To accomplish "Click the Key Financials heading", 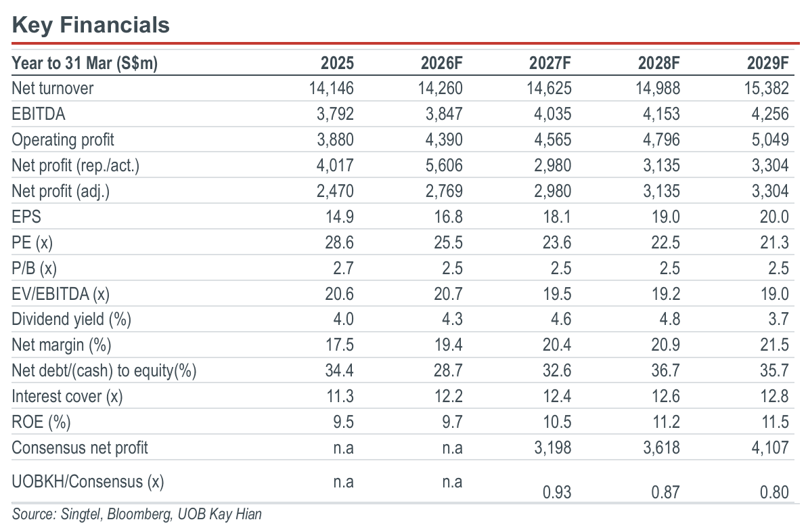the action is [x=91, y=25].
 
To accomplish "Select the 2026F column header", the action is [x=442, y=63].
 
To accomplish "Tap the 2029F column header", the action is [x=768, y=63].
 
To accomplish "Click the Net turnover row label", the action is [x=53, y=88].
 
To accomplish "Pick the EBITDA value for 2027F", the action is [x=552, y=114].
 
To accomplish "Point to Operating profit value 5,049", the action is [x=770, y=139].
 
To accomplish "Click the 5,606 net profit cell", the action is [x=444, y=166].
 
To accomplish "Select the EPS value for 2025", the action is [x=339, y=217].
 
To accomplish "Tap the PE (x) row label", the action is [x=32, y=242].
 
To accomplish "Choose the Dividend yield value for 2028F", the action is [x=669, y=320].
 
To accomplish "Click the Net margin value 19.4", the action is [x=448, y=345].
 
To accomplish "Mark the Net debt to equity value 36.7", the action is [x=665, y=371].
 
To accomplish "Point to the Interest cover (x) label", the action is [x=67, y=397].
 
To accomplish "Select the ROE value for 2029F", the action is [x=775, y=422].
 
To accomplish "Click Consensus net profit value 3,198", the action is [x=552, y=447].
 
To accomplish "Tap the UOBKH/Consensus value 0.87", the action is [x=665, y=492].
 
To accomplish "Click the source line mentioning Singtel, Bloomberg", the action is [x=137, y=515].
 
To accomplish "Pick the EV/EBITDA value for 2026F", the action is [x=448, y=294].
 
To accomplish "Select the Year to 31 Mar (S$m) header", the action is [x=85, y=63].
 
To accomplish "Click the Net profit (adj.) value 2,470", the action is [x=335, y=192].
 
